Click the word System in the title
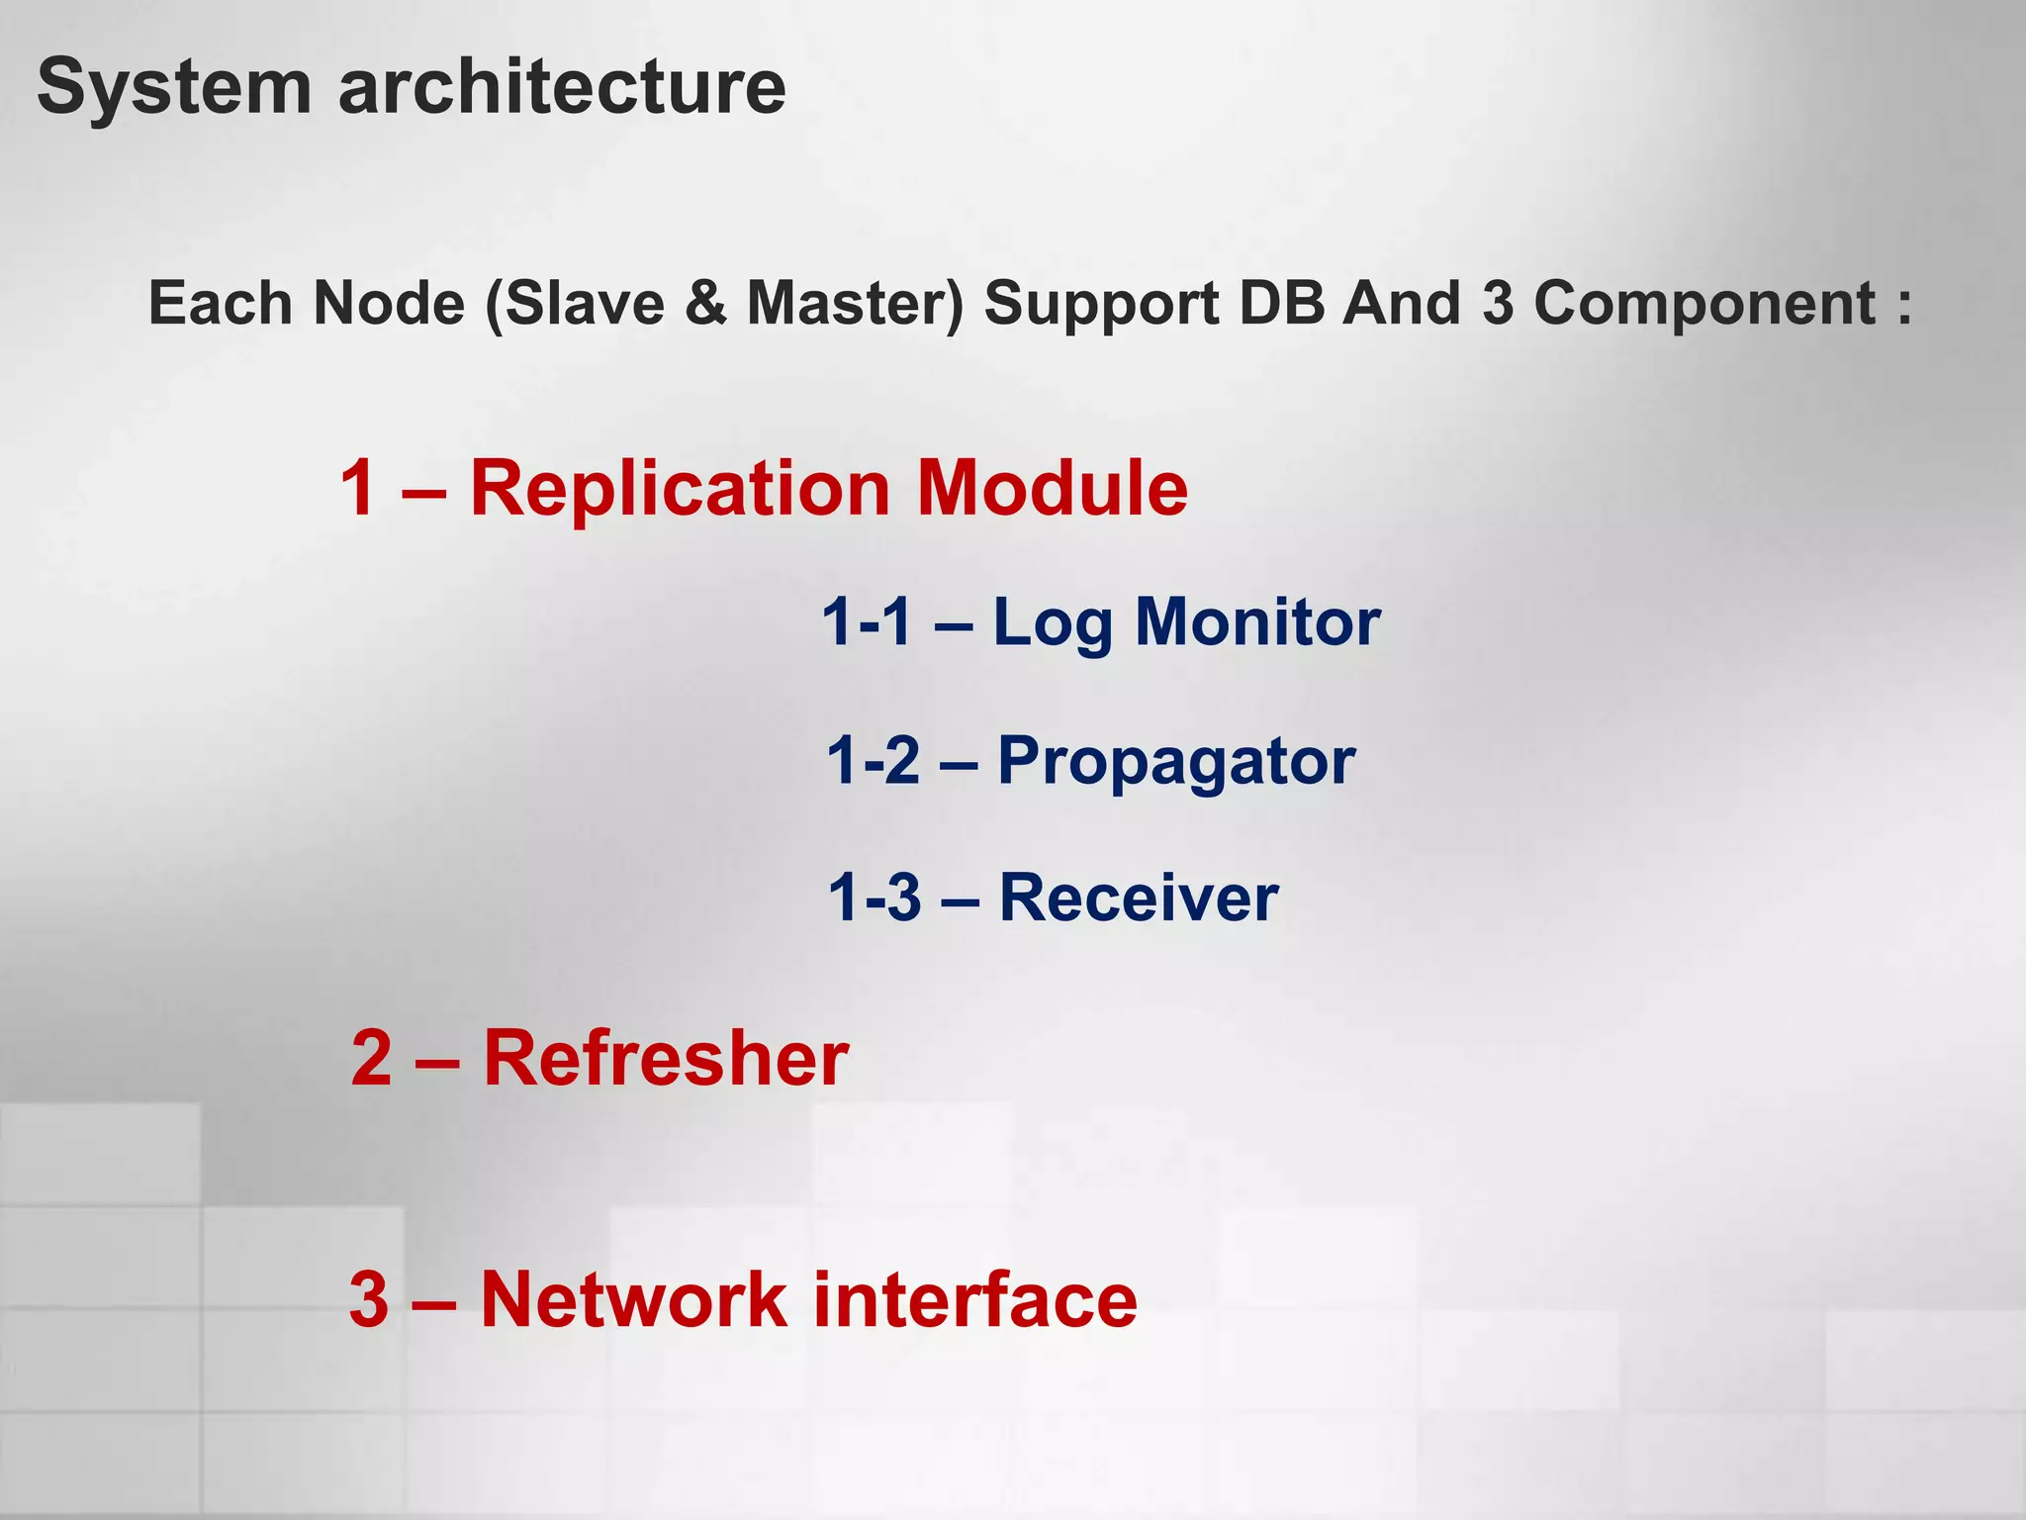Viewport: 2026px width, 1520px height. [x=174, y=87]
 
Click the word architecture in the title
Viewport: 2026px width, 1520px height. [x=562, y=87]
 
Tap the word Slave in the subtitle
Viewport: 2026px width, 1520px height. [x=584, y=303]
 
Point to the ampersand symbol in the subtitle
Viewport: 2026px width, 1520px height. [x=705, y=303]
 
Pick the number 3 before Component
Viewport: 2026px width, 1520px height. [x=1498, y=303]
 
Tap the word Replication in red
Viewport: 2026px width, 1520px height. [x=681, y=489]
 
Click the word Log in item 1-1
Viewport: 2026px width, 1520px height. [x=1053, y=623]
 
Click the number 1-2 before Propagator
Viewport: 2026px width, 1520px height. [x=874, y=761]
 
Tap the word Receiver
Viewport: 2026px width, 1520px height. [x=1139, y=898]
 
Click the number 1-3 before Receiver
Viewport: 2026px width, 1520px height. [x=875, y=898]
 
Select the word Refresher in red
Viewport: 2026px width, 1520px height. [x=666, y=1058]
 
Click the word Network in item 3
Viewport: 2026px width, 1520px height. [x=633, y=1299]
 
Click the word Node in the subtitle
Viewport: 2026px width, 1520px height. [x=389, y=303]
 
